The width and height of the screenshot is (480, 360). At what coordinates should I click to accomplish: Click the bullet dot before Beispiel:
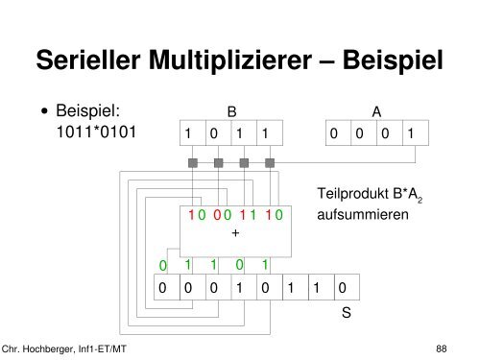[45, 113]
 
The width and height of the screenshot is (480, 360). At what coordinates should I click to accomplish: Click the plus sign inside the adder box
[235, 230]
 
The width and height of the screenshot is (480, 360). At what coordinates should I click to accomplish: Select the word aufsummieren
[362, 215]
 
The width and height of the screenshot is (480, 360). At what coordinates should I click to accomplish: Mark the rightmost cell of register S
[344, 287]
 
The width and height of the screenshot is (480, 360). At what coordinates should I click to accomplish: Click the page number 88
[442, 348]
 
